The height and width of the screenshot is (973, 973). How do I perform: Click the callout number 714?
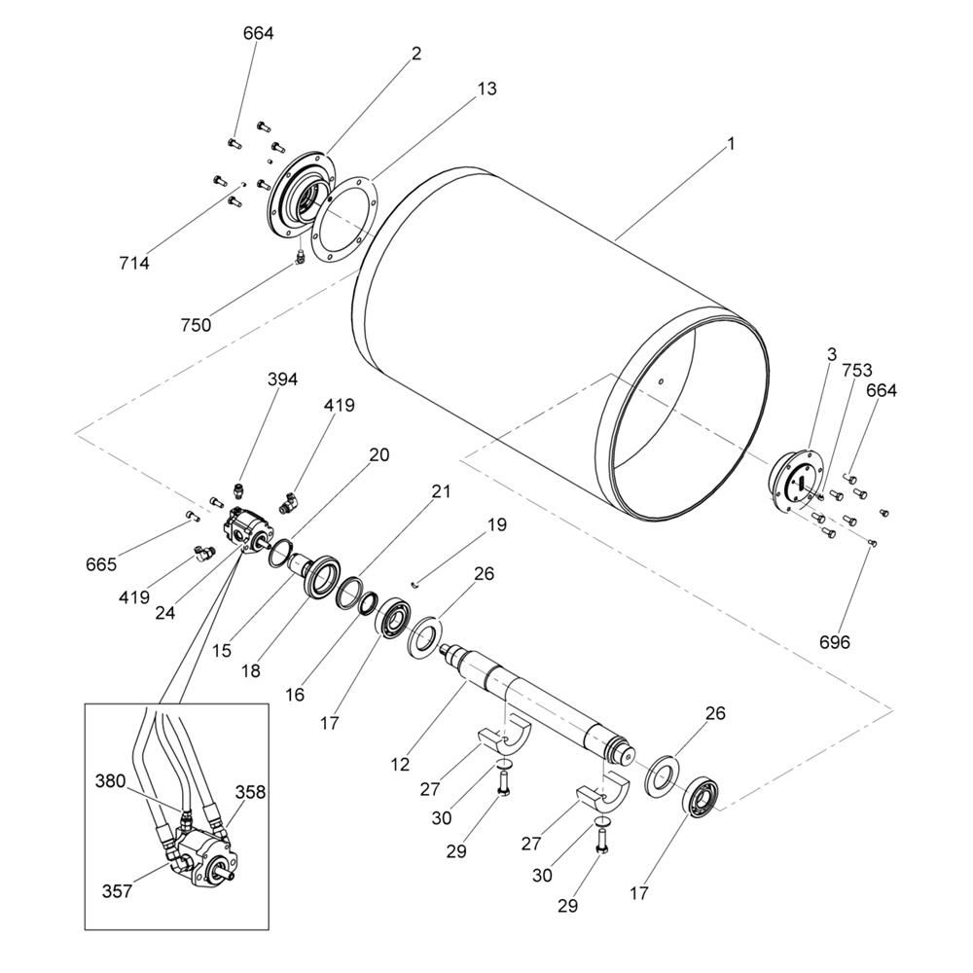[134, 264]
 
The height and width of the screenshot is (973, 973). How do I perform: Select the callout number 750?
[197, 325]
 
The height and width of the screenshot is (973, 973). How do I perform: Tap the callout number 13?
[487, 89]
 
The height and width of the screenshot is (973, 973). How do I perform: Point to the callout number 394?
[282, 379]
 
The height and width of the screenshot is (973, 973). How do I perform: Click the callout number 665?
[101, 564]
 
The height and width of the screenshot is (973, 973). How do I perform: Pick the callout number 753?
[857, 371]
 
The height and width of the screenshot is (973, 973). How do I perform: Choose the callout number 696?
[835, 642]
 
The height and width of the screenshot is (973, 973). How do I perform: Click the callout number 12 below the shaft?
[400, 765]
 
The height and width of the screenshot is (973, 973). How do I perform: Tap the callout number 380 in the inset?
[111, 781]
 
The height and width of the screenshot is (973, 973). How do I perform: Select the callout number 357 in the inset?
[117, 891]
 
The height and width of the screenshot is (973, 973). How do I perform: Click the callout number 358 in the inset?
[250, 792]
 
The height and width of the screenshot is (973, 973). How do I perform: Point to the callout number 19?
[496, 525]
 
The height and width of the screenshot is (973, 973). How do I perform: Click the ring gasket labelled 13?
[342, 220]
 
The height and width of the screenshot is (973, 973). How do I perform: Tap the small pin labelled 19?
[416, 583]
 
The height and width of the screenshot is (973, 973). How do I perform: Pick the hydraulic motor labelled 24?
[247, 530]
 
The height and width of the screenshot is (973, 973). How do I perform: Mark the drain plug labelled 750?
[300, 256]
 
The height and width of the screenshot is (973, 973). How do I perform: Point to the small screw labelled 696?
[873, 544]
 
